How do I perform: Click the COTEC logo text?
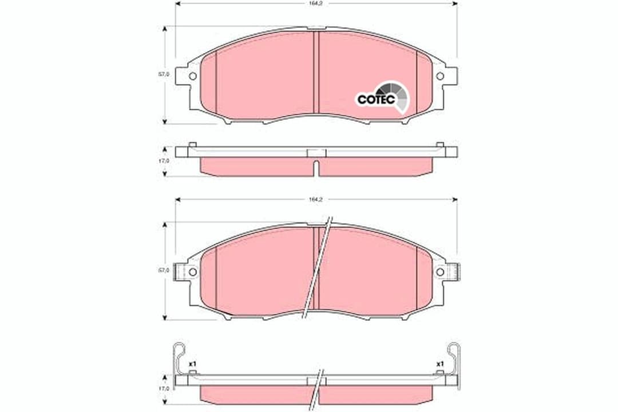(x=376, y=99)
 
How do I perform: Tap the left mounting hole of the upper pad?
(x=192, y=76)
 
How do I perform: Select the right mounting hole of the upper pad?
(x=439, y=76)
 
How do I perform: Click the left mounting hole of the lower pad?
(x=192, y=272)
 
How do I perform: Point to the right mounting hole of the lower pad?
(x=439, y=272)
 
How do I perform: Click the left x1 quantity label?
(x=193, y=364)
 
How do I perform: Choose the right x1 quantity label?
(x=439, y=364)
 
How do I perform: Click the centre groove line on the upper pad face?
(x=316, y=72)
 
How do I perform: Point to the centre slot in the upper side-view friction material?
(x=316, y=167)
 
